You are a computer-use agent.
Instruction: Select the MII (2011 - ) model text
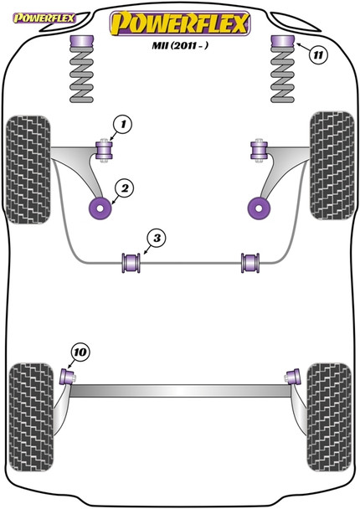[x=180, y=50]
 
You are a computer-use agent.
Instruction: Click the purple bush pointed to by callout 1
[x=105, y=151]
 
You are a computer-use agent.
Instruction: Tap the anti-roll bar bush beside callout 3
[x=131, y=261]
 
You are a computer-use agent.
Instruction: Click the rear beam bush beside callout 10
[x=71, y=374]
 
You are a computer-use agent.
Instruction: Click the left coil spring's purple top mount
[x=81, y=43]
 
